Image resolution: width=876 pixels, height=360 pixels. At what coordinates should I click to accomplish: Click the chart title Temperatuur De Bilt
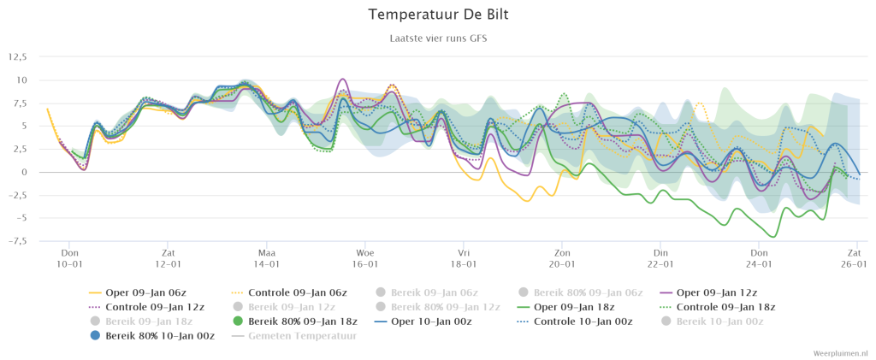[x=438, y=15]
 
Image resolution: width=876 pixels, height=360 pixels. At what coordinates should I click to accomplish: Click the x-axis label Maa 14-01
[x=267, y=259]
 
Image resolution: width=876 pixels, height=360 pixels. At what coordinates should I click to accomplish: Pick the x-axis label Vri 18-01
[x=464, y=259]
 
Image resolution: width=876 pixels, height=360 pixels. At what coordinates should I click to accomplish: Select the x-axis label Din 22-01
[x=660, y=259]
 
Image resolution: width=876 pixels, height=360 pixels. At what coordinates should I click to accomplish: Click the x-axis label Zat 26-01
[x=855, y=259]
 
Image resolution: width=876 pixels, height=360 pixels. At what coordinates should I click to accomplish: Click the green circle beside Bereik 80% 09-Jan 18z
[x=238, y=321]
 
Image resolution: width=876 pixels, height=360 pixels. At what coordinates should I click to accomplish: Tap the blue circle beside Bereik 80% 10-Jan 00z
[x=95, y=335]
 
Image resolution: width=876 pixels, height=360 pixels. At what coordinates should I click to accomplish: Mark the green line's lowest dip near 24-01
[x=773, y=237]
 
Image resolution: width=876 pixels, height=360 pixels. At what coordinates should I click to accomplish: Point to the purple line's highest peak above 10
[x=342, y=80]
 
